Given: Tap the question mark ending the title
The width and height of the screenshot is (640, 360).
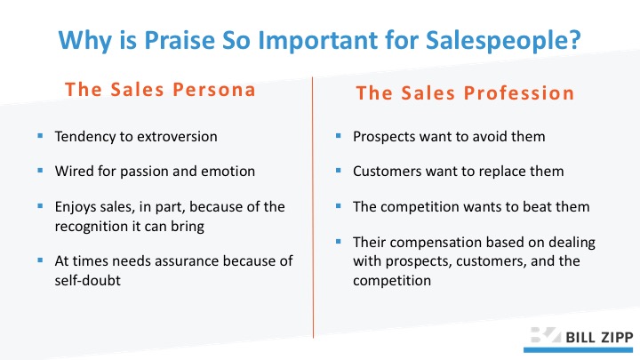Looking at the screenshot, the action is [575, 40].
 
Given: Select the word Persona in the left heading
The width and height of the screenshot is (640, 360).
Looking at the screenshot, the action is [214, 90].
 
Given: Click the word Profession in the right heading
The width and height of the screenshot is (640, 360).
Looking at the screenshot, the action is [519, 93].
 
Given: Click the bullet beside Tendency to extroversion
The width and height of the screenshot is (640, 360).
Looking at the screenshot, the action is [40, 135].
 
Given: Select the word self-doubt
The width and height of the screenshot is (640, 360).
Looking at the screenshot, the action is [88, 280].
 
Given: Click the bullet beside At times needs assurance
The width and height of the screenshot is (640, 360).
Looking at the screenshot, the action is [40, 260].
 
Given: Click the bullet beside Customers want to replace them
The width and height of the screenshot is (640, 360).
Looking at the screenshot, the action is [338, 170].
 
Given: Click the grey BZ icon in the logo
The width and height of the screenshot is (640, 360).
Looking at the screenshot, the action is [546, 335].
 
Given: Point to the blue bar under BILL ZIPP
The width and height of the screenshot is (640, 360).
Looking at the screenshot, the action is [578, 350].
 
